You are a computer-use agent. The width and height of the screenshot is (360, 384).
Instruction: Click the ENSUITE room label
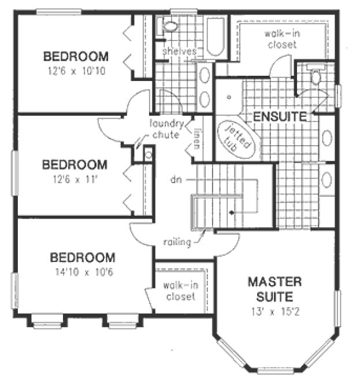coord(279,116)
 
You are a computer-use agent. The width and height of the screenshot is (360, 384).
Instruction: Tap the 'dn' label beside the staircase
coord(176,180)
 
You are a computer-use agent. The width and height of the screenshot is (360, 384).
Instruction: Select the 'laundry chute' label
coord(166,129)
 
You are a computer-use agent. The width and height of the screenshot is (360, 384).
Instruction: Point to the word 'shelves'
coord(179,51)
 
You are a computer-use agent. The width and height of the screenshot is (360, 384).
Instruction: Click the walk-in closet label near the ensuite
coord(281,39)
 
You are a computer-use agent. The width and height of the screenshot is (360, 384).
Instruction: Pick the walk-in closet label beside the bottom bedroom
coord(179,291)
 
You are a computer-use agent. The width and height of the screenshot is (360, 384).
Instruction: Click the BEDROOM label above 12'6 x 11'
coord(75,165)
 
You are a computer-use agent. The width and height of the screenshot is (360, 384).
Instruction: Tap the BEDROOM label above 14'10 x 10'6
coord(81,257)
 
